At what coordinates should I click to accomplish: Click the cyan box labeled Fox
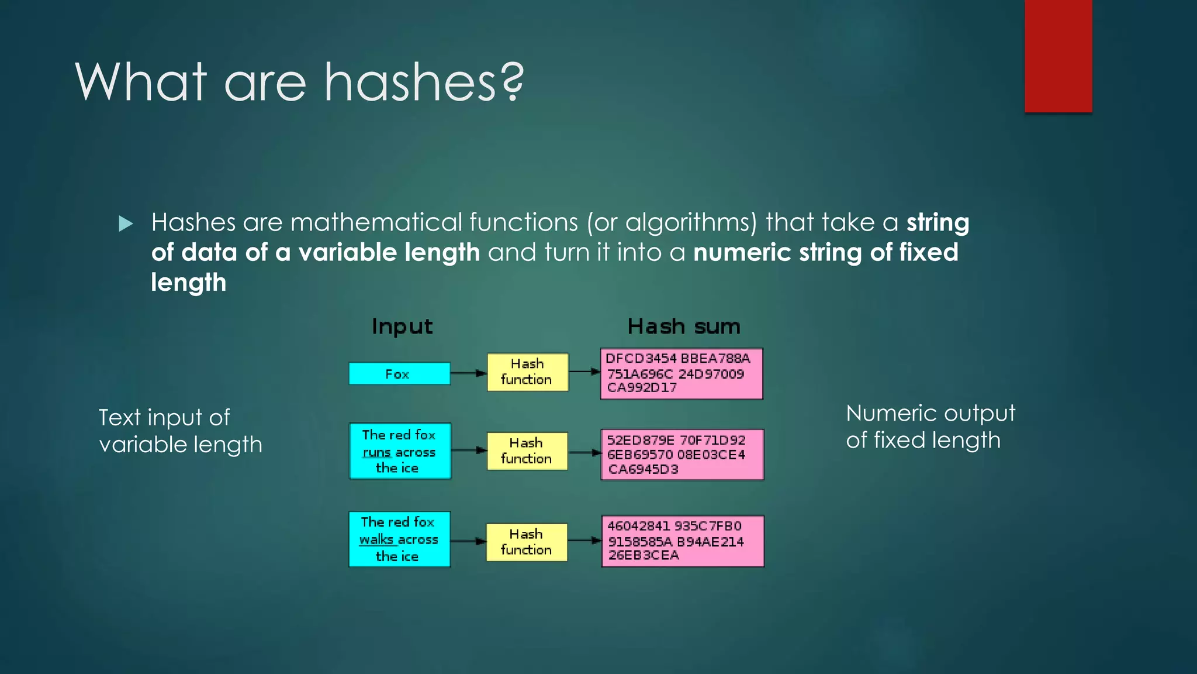tap(399, 374)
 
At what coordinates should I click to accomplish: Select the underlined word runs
tap(376, 453)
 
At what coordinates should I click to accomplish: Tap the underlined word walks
tap(376, 539)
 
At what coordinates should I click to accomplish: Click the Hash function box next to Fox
tap(527, 372)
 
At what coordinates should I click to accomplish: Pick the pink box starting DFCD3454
tap(681, 374)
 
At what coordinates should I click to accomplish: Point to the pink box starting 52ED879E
tap(682, 455)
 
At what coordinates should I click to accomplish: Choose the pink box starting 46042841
tap(683, 541)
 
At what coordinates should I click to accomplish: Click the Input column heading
tap(402, 326)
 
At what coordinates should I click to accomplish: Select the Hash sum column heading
tap(684, 326)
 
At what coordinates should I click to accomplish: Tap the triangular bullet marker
tap(126, 223)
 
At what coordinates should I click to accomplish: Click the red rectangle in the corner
tap(1058, 56)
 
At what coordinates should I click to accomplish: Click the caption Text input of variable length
tap(180, 431)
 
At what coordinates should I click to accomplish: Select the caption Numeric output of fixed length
tap(930, 427)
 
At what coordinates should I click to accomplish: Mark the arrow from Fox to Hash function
tap(469, 373)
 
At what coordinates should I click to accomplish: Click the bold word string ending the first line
tap(937, 223)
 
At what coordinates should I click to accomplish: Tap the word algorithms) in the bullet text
tap(691, 223)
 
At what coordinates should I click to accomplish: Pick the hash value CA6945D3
tap(643, 469)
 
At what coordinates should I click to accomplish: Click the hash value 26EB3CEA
tap(644, 555)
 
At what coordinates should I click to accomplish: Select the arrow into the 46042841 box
tap(584, 541)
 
